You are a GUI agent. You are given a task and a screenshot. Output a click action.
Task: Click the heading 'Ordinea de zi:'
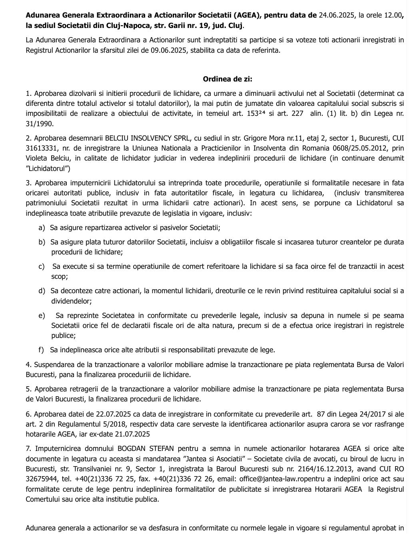pos(227,79)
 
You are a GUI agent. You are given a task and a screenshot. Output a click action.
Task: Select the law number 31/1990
pos(40,124)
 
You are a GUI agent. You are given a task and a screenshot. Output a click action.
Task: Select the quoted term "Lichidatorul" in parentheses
pos(48,169)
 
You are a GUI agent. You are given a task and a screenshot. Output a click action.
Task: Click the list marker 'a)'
pos(42,228)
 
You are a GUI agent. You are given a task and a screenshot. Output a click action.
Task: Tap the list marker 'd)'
pos(42,291)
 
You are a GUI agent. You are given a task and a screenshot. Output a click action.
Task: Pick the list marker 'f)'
pos(42,350)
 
